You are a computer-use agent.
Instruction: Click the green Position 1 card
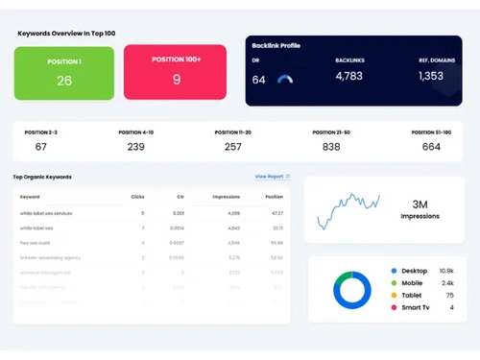click(x=64, y=73)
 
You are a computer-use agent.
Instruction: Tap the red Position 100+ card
click(x=176, y=73)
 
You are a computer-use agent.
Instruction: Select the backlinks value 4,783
click(x=349, y=76)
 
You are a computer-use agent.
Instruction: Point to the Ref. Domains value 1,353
click(x=431, y=76)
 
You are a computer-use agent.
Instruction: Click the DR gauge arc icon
click(x=285, y=80)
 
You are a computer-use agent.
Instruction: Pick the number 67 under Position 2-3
click(x=40, y=147)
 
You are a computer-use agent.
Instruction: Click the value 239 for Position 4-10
click(x=136, y=147)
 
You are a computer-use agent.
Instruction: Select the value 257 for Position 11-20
click(x=233, y=147)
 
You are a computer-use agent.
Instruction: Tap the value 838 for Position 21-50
click(x=331, y=147)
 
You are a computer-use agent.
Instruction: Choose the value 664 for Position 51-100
click(x=431, y=147)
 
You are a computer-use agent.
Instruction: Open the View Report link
click(x=272, y=177)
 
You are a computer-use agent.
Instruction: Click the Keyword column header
click(x=30, y=197)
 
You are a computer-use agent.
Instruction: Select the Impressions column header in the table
click(x=226, y=197)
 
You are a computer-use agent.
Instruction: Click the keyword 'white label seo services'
click(x=46, y=213)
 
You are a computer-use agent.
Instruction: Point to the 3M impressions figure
click(x=420, y=204)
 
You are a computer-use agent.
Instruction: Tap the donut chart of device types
click(x=352, y=290)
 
